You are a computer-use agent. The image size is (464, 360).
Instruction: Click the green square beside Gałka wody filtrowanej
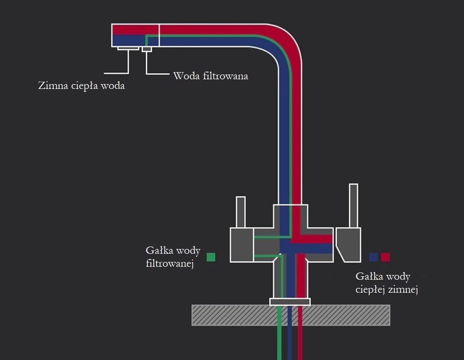pyautogui.click(x=211, y=257)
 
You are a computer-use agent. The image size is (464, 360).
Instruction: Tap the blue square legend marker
pyautogui.click(x=373, y=257)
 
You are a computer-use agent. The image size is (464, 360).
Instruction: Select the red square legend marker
pyautogui.click(x=385, y=257)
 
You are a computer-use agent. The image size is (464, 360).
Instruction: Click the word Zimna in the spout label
pyautogui.click(x=53, y=87)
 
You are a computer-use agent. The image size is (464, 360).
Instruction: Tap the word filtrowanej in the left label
pyautogui.click(x=170, y=263)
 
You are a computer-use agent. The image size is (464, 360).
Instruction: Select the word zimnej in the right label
pyautogui.click(x=405, y=289)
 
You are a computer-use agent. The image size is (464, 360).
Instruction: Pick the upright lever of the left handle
pyautogui.click(x=241, y=212)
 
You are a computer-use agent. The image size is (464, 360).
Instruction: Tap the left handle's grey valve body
pyautogui.click(x=242, y=245)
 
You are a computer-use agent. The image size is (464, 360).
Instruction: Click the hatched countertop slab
pyautogui.click(x=231, y=315)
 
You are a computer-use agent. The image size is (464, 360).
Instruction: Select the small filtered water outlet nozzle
pyautogui.click(x=147, y=49)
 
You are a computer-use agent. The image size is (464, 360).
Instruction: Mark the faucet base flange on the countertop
pyautogui.click(x=290, y=302)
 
